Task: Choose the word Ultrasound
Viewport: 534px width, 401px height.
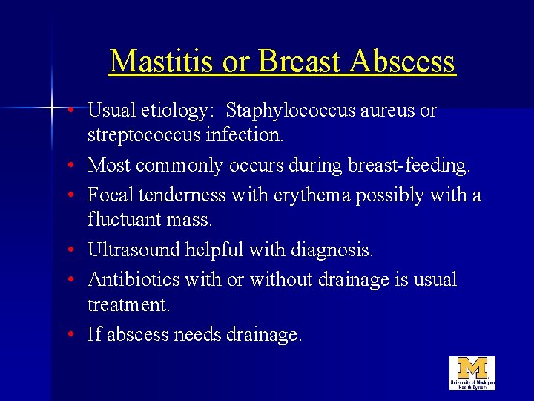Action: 133,250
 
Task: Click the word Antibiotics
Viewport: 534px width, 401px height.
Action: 131,279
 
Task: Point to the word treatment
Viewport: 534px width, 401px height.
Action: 124,305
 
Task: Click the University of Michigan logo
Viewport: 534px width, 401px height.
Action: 472,373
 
